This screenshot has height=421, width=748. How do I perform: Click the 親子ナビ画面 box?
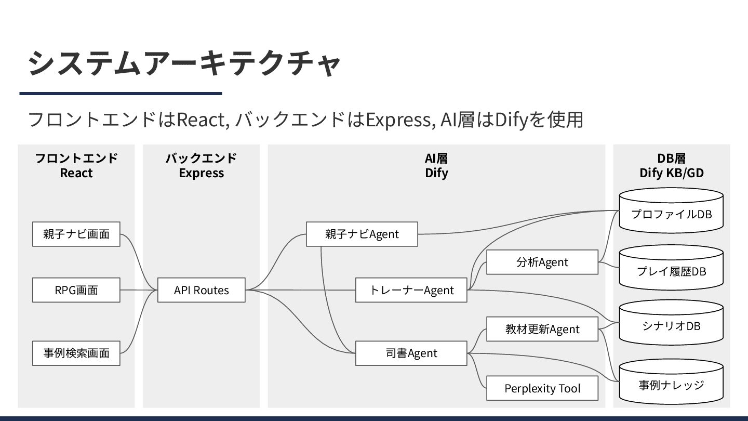pyautogui.click(x=76, y=234)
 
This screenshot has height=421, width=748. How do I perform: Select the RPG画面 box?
pyautogui.click(x=76, y=290)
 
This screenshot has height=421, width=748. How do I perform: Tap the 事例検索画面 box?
pyautogui.click(x=76, y=353)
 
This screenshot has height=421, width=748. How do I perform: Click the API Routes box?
pyautogui.click(x=201, y=290)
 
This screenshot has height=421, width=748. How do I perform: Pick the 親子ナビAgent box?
pyautogui.click(x=362, y=234)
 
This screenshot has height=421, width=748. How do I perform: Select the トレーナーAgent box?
pyautogui.click(x=411, y=290)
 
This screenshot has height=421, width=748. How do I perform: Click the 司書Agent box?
pyautogui.click(x=411, y=353)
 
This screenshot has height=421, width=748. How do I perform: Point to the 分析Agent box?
pyautogui.click(x=542, y=262)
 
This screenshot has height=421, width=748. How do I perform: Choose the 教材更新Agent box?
pyautogui.click(x=542, y=329)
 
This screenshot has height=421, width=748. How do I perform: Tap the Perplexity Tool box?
pyautogui.click(x=542, y=388)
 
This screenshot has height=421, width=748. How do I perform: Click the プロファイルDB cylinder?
pyautogui.click(x=671, y=214)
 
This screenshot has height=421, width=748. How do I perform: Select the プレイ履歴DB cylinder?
pyautogui.click(x=671, y=271)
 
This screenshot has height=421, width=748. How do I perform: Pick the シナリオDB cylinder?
pyautogui.click(x=671, y=326)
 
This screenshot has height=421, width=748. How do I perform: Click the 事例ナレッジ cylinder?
pyautogui.click(x=671, y=385)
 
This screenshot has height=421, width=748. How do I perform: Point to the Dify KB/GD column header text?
pyautogui.click(x=671, y=173)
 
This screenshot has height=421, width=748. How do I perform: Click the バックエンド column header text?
pyautogui.click(x=201, y=158)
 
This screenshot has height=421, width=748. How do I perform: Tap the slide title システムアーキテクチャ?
pyautogui.click(x=184, y=63)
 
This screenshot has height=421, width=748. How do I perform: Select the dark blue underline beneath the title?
pyautogui.click(x=121, y=94)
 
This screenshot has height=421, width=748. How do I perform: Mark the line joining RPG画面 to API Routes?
pyautogui.click(x=139, y=290)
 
